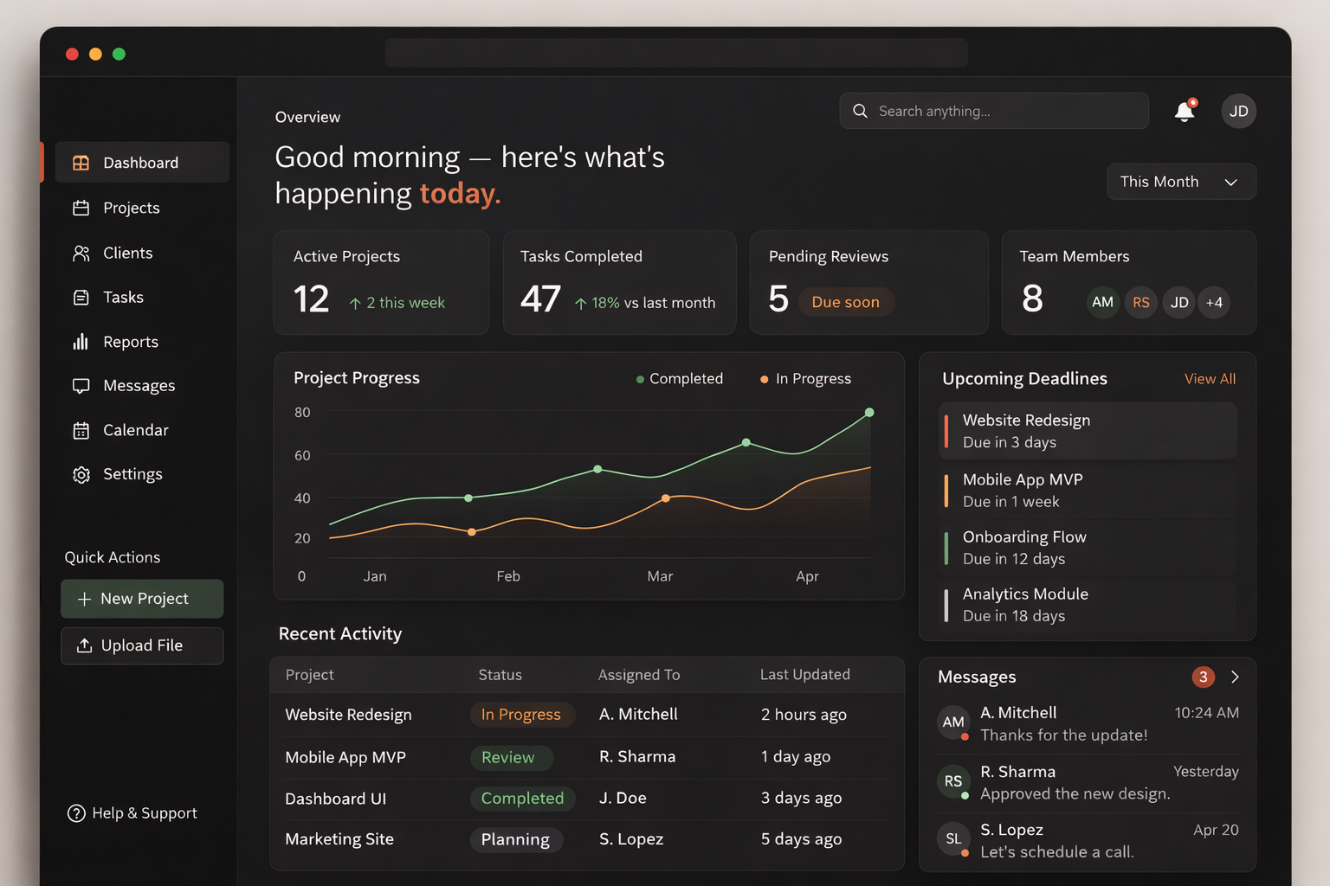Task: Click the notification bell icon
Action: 1184,112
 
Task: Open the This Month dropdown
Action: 1180,182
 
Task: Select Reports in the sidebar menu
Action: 130,342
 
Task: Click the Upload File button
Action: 142,645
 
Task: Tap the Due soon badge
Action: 845,302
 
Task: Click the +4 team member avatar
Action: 1214,303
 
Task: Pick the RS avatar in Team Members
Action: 1140,303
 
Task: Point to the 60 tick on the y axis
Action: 302,455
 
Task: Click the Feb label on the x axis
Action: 508,576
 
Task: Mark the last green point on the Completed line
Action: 869,413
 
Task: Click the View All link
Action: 1210,379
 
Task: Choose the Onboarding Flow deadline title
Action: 1024,537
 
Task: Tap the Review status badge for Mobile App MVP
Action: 508,757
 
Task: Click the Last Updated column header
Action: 804,675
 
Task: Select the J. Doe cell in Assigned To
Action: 623,798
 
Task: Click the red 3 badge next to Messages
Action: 1203,677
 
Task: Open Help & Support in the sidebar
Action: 132,813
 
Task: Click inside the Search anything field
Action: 996,111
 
